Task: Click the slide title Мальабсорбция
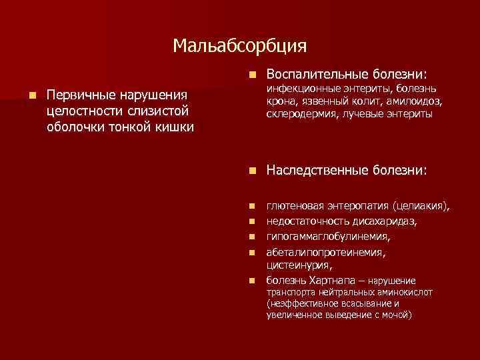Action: click(239, 45)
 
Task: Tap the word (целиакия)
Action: click(421, 207)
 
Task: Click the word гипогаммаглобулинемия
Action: click(328, 236)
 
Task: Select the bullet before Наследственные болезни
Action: click(250, 171)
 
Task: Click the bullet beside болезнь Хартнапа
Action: click(250, 280)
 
